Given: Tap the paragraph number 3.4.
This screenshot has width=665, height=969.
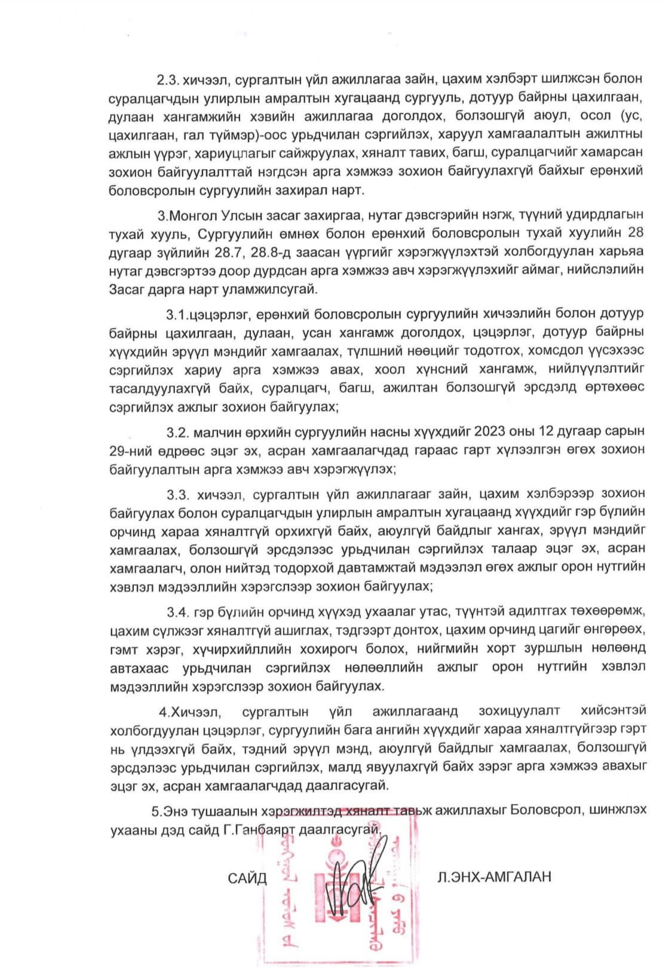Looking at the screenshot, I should pyautogui.click(x=178, y=612).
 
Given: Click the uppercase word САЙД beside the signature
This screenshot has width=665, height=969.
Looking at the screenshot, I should pyautogui.click(x=247, y=878).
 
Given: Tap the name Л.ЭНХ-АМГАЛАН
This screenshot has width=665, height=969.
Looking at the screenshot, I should pyautogui.click(x=494, y=876).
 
